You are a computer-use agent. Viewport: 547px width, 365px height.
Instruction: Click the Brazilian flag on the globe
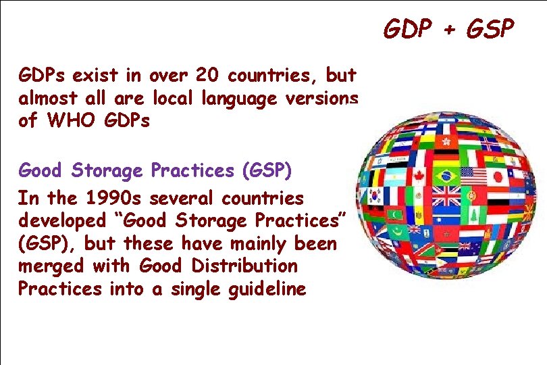[x=446, y=177]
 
